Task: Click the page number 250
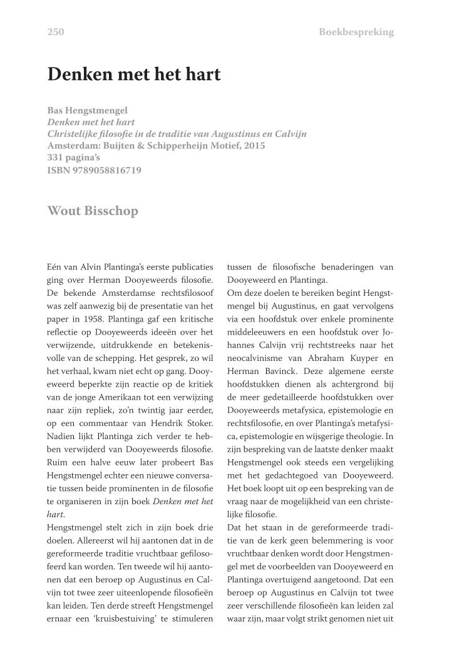pos(56,32)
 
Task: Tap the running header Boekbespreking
pos(356,32)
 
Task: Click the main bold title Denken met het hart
pos(134,74)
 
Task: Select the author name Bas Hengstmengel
pos(88,110)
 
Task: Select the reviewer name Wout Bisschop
pos(93,210)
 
